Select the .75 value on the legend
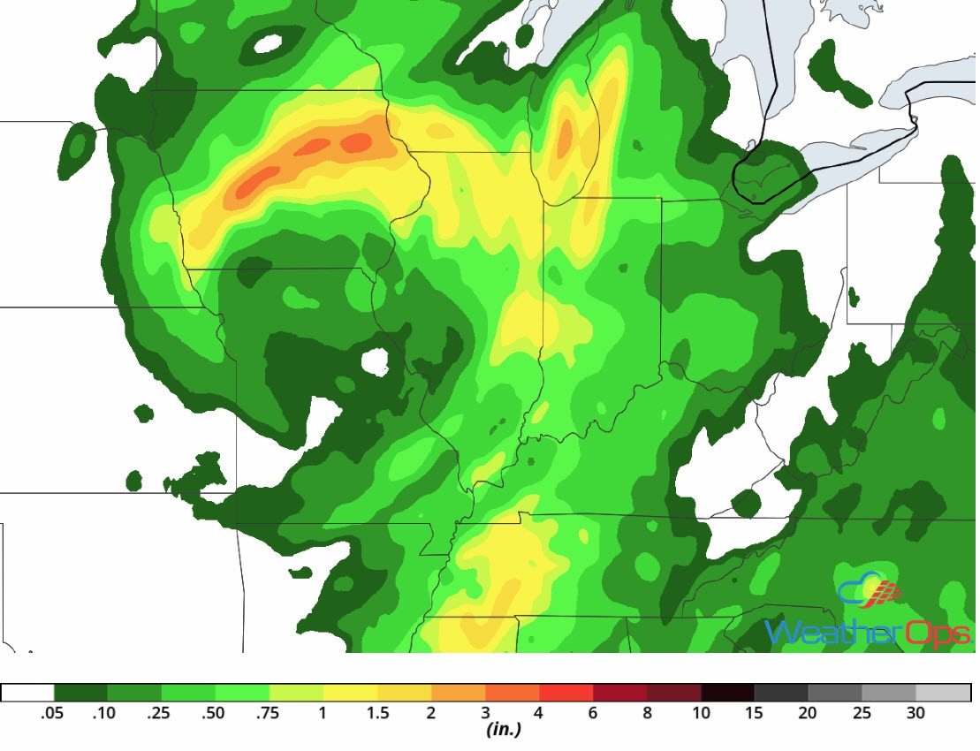pos(266,714)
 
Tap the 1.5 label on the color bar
pos(377,714)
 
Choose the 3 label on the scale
pos(485,714)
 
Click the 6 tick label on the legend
pos(593,714)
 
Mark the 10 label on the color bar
pos(701,714)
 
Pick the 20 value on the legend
pos(809,714)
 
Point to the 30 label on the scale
pos(916,714)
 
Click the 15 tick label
pos(755,714)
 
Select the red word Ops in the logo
pos(938,633)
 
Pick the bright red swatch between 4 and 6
pos(566,693)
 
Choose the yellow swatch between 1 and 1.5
pos(350,693)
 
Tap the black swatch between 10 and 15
pos(727,693)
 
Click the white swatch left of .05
pos(27,693)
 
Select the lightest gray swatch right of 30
pos(943,693)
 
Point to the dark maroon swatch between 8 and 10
pos(673,693)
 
